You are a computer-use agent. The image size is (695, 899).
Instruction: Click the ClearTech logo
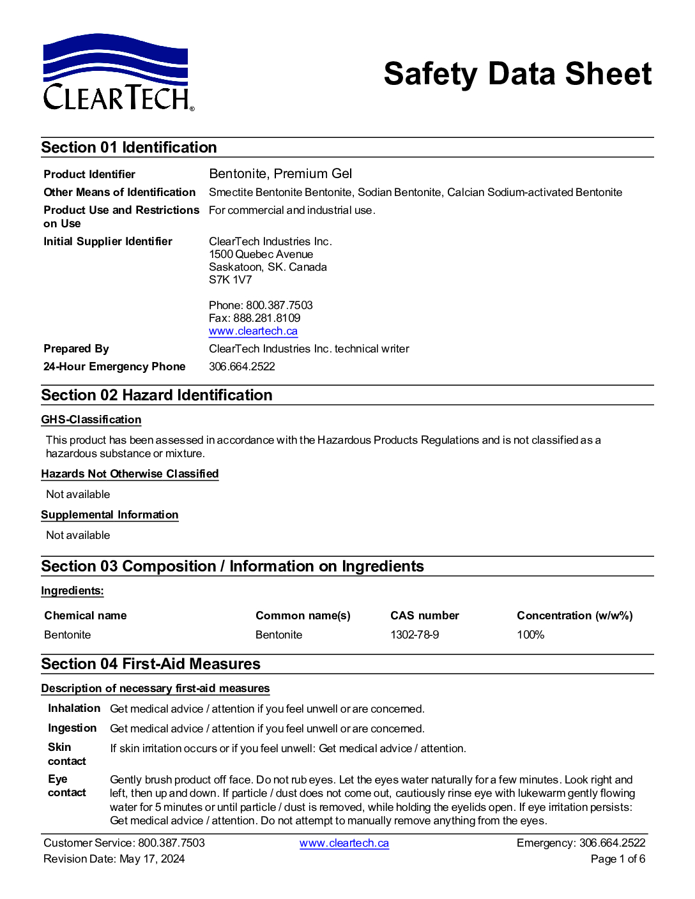(x=118, y=73)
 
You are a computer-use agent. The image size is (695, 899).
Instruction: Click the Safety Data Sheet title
(x=517, y=73)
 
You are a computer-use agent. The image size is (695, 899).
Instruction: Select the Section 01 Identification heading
(x=129, y=147)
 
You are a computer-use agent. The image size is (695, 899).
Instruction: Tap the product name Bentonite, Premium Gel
(x=280, y=174)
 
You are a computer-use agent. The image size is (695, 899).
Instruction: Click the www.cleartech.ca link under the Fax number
(x=253, y=331)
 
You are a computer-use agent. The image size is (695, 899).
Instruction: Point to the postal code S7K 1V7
(x=230, y=280)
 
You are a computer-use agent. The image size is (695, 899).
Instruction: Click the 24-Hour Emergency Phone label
(x=114, y=366)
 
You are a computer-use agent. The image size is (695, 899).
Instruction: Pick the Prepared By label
(x=76, y=349)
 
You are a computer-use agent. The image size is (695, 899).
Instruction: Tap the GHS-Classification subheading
(x=91, y=419)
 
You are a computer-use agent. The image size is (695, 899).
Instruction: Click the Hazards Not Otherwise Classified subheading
(x=130, y=474)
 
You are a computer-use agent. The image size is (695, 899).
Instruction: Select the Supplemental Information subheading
(x=110, y=515)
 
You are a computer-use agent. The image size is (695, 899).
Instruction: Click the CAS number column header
(x=424, y=616)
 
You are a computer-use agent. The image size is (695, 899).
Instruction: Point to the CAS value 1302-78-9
(x=415, y=635)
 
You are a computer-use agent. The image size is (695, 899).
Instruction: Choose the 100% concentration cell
(x=530, y=635)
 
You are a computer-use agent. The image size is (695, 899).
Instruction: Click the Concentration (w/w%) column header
(x=574, y=616)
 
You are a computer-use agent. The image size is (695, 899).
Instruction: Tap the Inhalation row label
(x=74, y=708)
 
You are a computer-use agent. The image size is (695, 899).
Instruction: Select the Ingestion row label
(x=72, y=728)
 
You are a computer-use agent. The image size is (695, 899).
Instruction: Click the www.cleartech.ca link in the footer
(x=344, y=843)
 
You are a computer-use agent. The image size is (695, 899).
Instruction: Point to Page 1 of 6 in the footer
(x=618, y=859)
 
